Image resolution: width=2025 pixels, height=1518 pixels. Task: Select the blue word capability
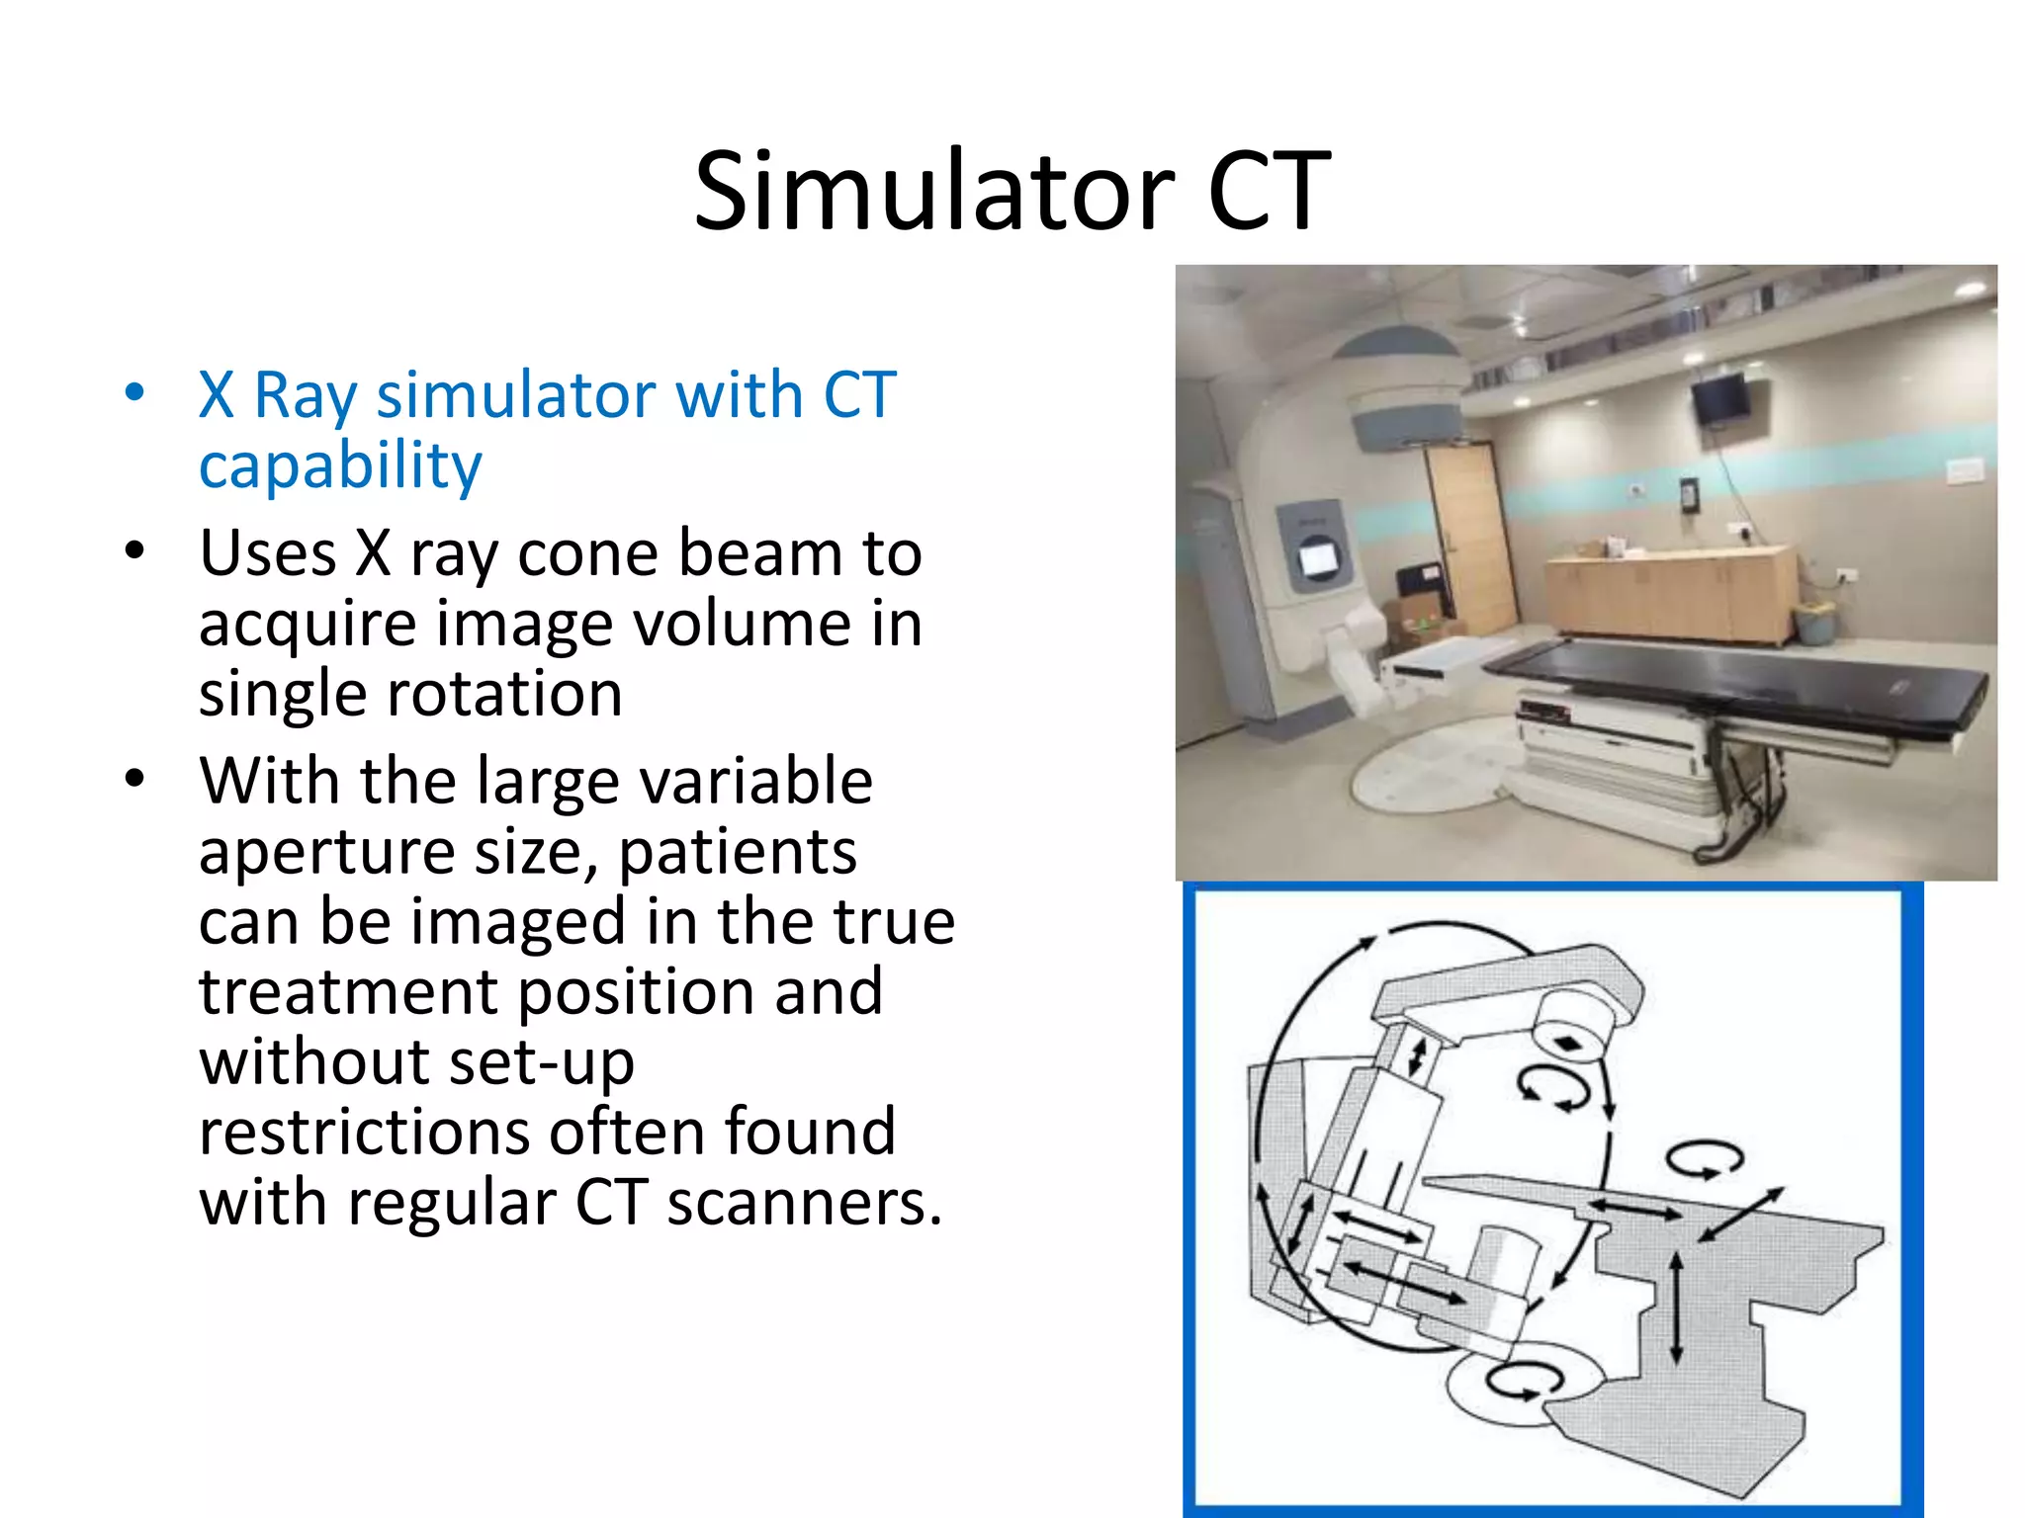tap(340, 464)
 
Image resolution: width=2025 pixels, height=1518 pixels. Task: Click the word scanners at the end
tap(803, 1204)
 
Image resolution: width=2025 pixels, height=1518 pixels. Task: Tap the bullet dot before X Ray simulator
tap(135, 392)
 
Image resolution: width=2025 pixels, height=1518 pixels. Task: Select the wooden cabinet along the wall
tap(1671, 593)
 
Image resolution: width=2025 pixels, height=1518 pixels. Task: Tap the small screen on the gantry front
tap(1317, 559)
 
